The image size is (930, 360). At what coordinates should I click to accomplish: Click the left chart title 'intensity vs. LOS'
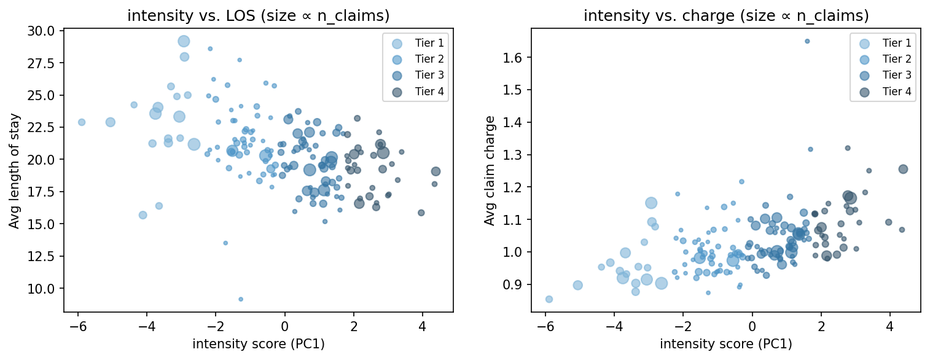point(258,16)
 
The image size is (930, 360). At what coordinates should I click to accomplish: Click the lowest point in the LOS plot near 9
point(241,299)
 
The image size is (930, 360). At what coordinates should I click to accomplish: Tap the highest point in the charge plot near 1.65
point(807,41)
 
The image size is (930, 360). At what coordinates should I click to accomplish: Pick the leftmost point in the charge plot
point(549,299)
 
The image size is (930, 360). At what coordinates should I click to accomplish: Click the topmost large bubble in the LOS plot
point(184,41)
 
